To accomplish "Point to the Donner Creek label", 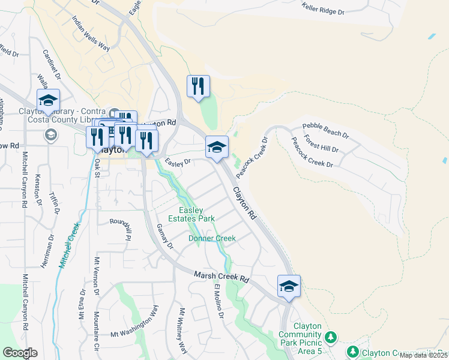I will (x=212, y=238).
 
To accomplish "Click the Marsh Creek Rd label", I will (x=221, y=277).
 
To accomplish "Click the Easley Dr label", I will (x=178, y=162).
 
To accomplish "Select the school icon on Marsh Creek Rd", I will (x=289, y=286).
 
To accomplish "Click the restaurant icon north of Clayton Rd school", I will (x=198, y=86).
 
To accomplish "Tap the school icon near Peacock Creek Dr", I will (x=217, y=146).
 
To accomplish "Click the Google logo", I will (x=20, y=353).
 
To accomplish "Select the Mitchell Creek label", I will (x=68, y=246).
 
